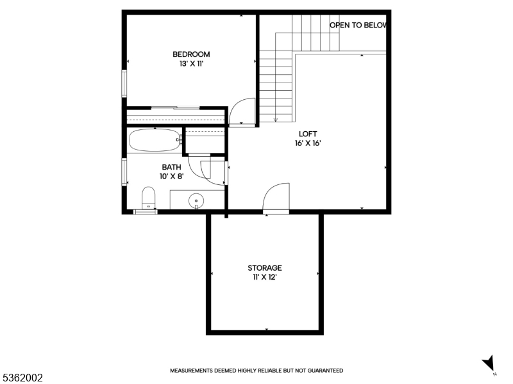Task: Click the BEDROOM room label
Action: coord(191,54)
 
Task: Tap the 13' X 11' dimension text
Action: coord(191,63)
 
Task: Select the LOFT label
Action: coord(308,134)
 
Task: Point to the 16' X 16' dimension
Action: coord(308,143)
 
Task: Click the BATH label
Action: coord(171,167)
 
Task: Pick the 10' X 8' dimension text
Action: coord(171,177)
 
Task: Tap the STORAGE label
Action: coord(265,268)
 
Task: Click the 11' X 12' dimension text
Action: coord(265,278)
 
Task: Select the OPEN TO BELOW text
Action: coord(358,25)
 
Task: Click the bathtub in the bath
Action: coord(155,140)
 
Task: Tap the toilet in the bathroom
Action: coord(148,198)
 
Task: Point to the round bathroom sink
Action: coord(196,200)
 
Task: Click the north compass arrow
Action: coord(489,363)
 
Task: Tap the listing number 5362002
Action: coord(22,378)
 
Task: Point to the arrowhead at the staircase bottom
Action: coord(276,120)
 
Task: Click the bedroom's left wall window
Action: coord(124,83)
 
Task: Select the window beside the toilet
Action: coord(146,212)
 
